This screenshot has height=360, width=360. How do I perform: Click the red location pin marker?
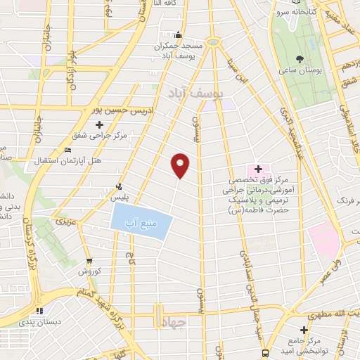point(181,165)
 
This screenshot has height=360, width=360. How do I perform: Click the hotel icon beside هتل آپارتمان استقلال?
point(67,150)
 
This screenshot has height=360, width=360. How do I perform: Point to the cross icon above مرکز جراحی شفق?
point(100,125)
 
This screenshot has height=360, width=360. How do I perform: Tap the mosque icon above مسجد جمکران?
point(179,35)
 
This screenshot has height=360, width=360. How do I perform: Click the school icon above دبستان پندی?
point(41,311)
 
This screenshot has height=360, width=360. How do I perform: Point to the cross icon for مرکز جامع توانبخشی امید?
point(304,330)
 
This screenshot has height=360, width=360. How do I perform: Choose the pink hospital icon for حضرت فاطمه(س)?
point(258,169)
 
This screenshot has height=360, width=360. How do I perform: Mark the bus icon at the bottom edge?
point(264,353)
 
